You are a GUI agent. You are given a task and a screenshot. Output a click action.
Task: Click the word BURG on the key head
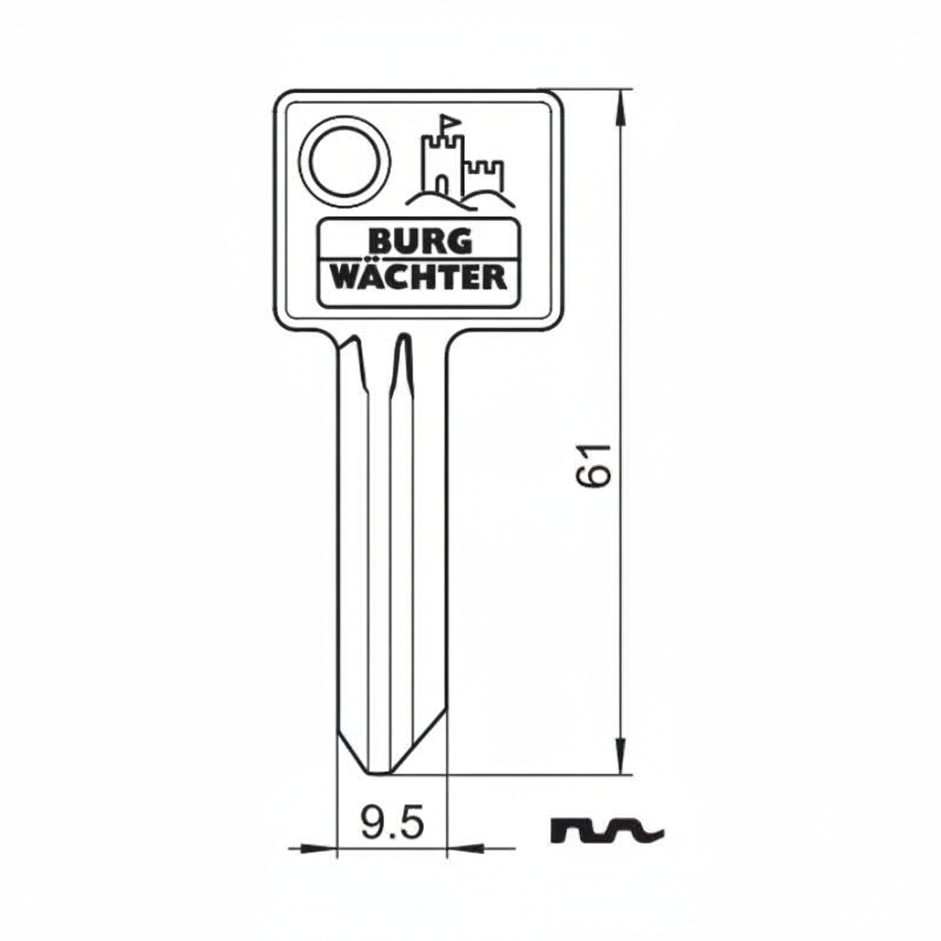[420, 242]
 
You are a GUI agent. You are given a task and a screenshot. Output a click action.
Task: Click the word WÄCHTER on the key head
[419, 278]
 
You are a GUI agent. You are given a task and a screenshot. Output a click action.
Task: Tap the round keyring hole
[345, 162]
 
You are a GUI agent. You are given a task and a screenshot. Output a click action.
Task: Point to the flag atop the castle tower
[449, 123]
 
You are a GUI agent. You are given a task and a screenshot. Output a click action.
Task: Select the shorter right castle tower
[485, 176]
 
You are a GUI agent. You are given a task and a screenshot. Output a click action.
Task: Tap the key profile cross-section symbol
[607, 830]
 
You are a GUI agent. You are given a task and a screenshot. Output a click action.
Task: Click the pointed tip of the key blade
[378, 774]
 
